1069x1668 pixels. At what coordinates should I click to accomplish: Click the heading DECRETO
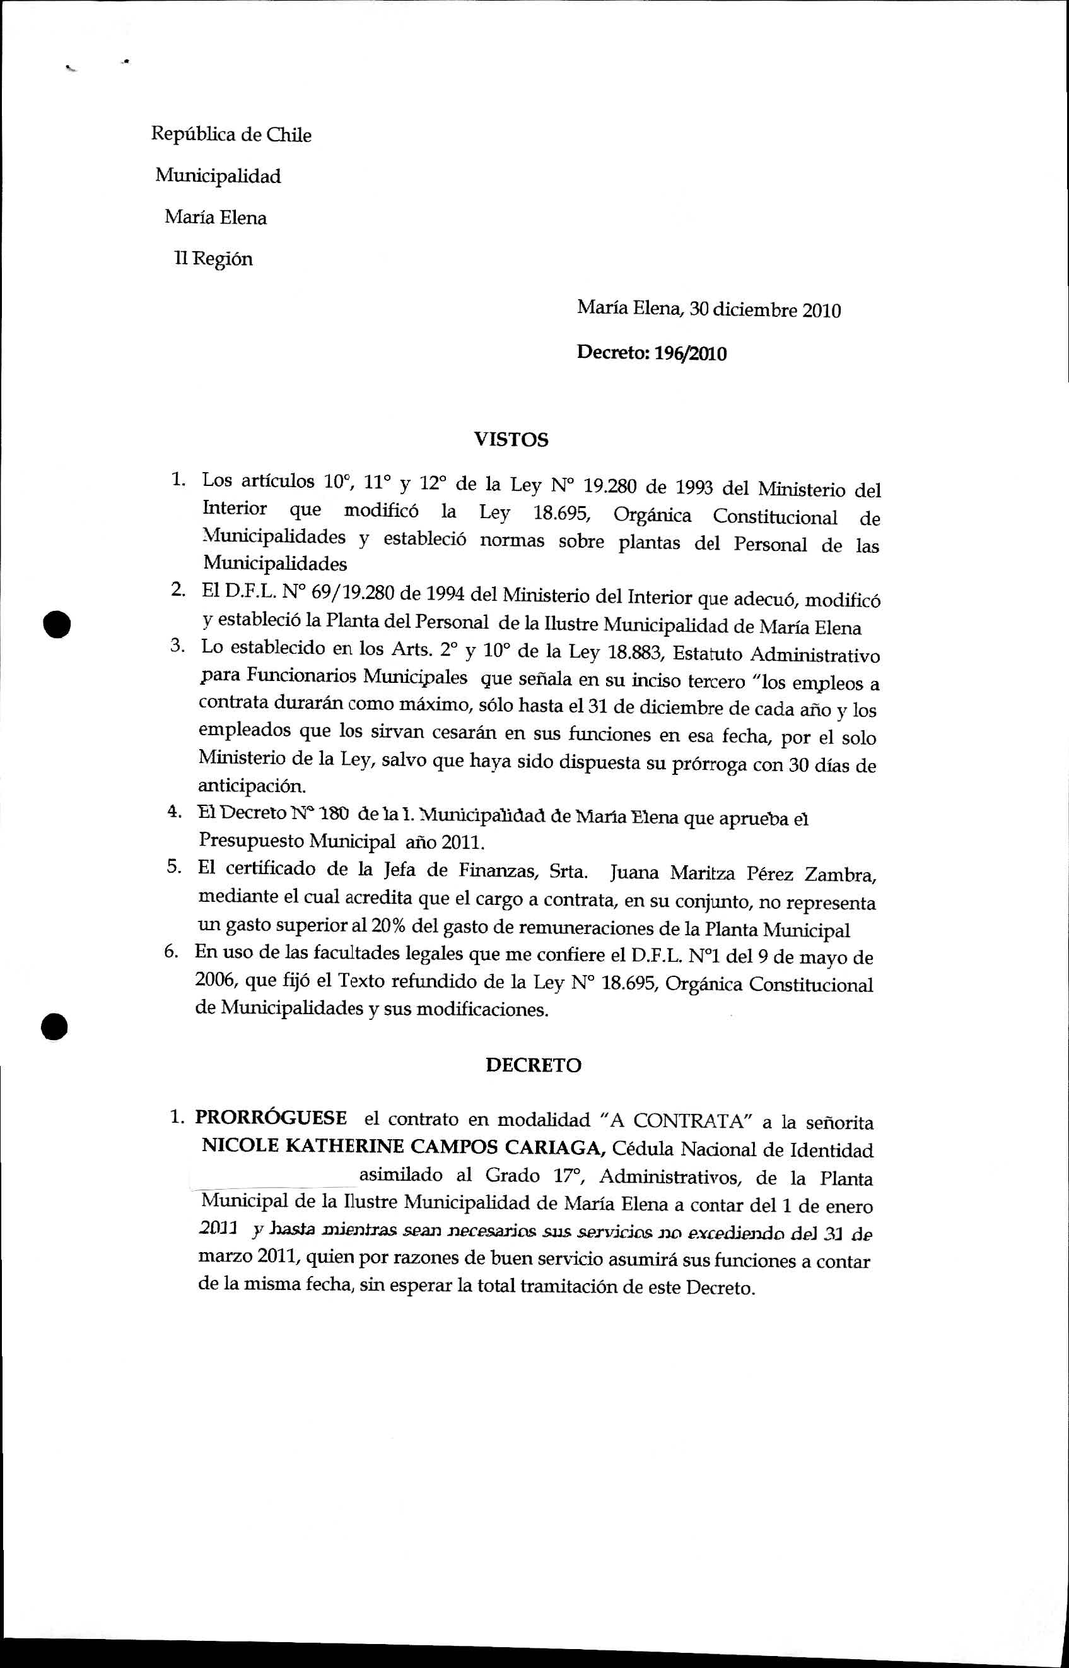533,1065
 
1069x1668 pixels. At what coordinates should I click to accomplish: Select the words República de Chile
231,134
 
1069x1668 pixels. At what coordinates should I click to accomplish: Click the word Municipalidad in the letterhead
218,175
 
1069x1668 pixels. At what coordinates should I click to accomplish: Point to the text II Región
213,259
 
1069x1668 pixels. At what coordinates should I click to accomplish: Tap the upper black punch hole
56,623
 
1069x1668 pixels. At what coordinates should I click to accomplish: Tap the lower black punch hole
54,1026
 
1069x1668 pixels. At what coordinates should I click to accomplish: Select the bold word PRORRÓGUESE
271,1117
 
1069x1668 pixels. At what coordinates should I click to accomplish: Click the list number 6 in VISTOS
171,950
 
